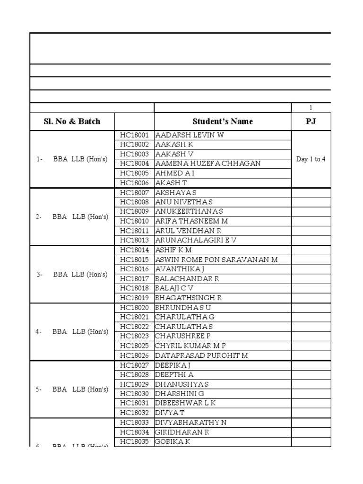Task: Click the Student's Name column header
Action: [x=222, y=121]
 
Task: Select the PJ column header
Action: [x=311, y=121]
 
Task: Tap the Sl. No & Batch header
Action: [x=72, y=121]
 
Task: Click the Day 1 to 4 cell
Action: [x=311, y=159]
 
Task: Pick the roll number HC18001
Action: [x=134, y=135]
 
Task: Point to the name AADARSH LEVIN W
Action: [x=190, y=135]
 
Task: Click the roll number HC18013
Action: [x=134, y=240]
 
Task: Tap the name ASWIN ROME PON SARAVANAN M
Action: [x=216, y=259]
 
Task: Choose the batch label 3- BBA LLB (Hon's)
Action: [x=72, y=274]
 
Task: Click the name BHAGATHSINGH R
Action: [x=189, y=298]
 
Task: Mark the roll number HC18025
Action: [x=134, y=346]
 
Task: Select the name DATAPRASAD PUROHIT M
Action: [x=201, y=355]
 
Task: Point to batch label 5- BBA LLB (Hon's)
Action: [x=72, y=389]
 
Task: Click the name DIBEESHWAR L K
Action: [x=185, y=403]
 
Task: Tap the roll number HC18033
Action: [x=134, y=423]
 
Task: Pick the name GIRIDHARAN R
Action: [x=182, y=432]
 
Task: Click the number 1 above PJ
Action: [x=311, y=108]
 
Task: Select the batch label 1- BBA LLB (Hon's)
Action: [x=72, y=159]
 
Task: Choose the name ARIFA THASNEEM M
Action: [x=191, y=221]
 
